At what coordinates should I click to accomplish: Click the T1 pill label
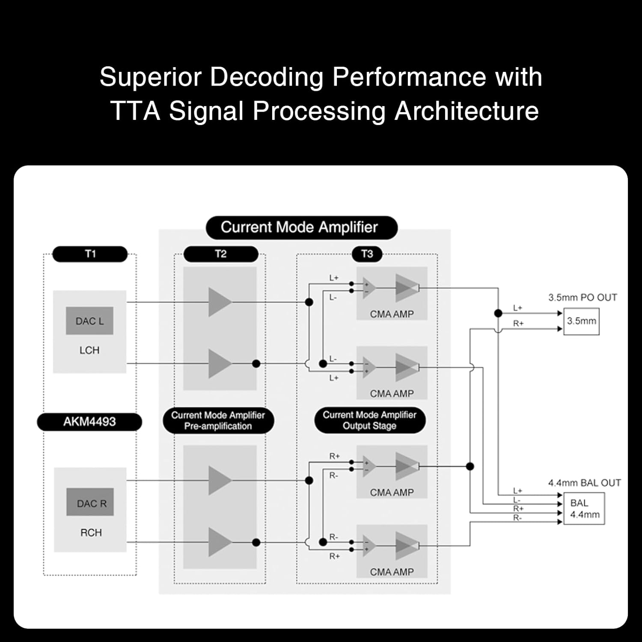click(x=90, y=254)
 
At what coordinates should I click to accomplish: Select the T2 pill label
click(x=220, y=254)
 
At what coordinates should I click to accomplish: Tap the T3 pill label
click(x=367, y=254)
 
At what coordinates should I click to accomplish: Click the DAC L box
click(x=89, y=321)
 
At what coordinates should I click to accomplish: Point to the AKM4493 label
click(x=89, y=422)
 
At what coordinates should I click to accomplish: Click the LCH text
click(x=89, y=350)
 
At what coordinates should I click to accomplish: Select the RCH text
click(x=91, y=533)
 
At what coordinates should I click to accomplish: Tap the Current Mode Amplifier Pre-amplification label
click(x=218, y=421)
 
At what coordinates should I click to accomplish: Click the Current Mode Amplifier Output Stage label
click(x=369, y=420)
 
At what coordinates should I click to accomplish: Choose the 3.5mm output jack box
click(x=581, y=321)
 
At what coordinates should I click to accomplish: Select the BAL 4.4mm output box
click(x=584, y=508)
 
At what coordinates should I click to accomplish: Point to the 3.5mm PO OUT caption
click(x=583, y=297)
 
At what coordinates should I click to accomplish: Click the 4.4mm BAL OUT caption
click(x=584, y=483)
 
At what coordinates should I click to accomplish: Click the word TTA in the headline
click(x=135, y=111)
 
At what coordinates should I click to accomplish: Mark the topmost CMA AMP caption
click(x=392, y=314)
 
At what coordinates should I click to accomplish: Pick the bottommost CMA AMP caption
click(x=392, y=572)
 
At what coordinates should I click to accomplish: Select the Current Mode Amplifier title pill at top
click(x=300, y=227)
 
